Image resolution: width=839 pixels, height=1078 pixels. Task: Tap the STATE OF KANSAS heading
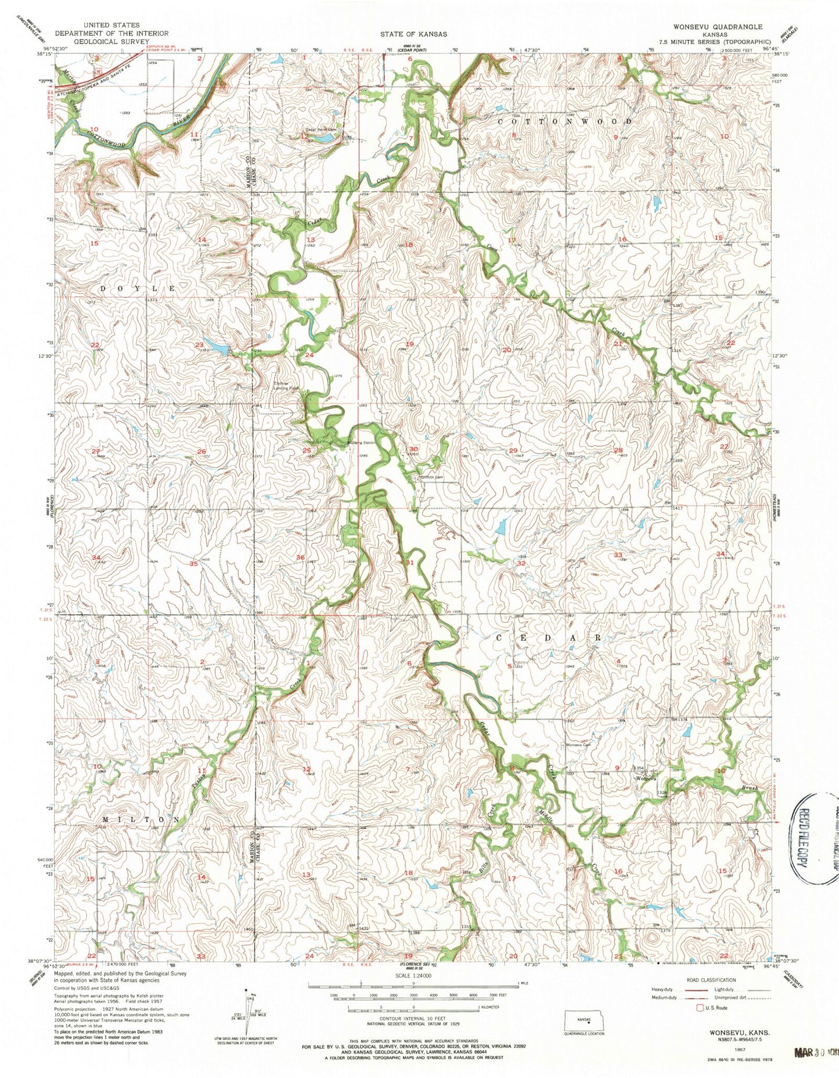tap(413, 34)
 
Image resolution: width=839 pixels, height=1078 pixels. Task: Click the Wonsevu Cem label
tap(578, 745)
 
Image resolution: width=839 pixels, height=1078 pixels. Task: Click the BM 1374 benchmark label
tap(679, 720)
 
